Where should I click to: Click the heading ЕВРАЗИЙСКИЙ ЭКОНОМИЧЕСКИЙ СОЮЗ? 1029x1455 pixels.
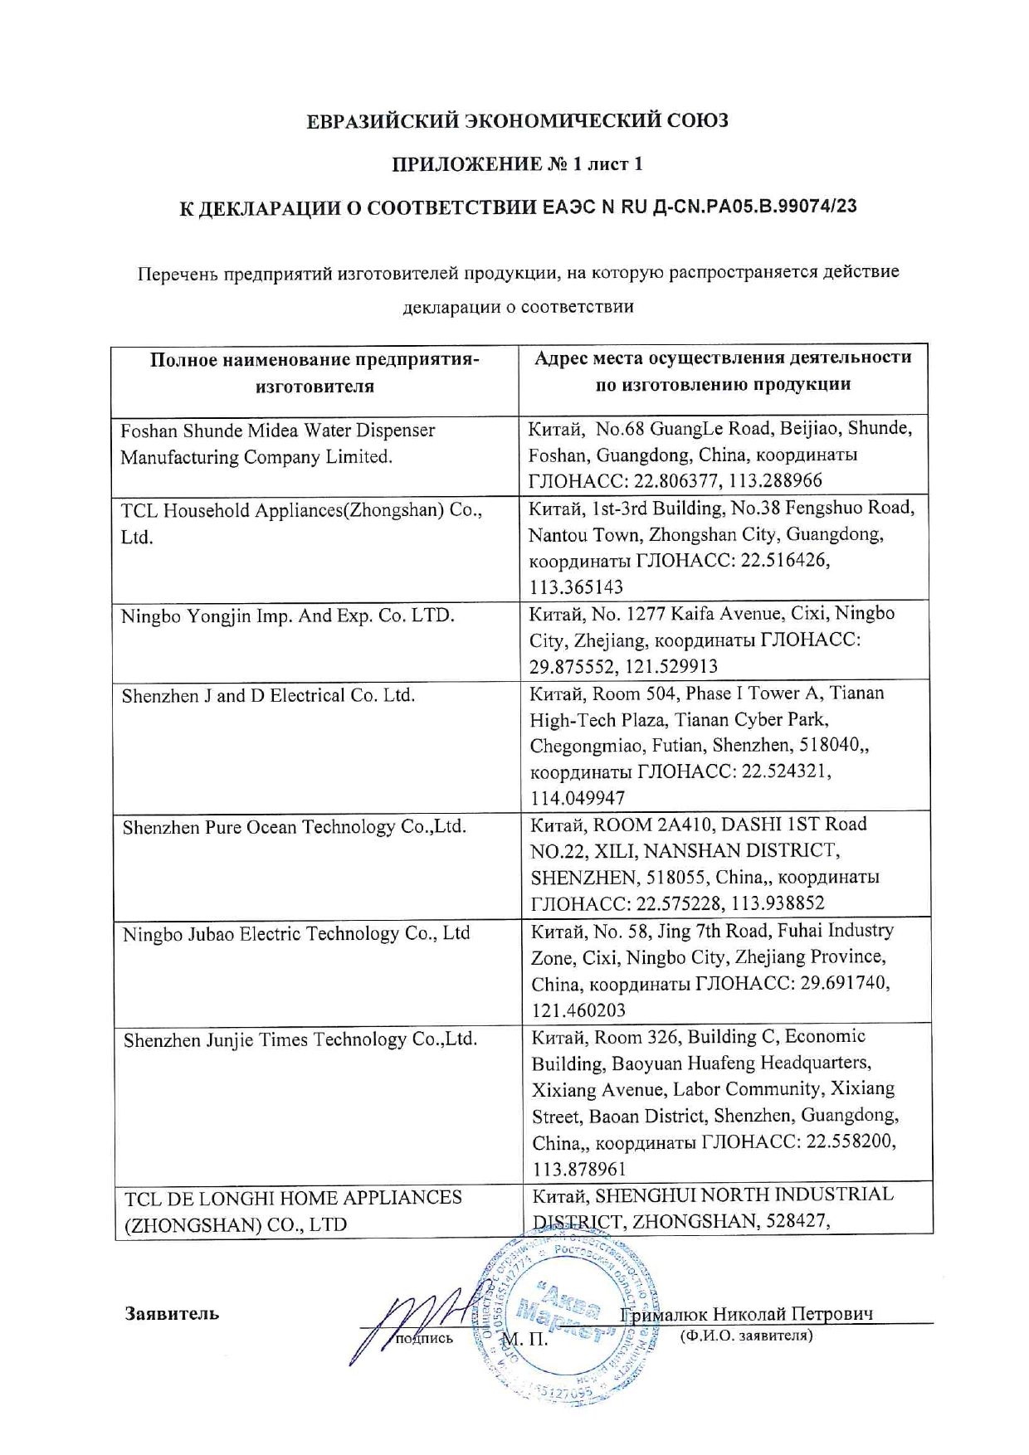coord(517,121)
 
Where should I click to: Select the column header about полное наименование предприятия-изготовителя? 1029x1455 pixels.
coord(315,372)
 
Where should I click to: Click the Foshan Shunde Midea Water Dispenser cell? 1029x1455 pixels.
coord(278,444)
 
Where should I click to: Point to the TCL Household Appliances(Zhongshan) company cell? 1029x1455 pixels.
coord(301,523)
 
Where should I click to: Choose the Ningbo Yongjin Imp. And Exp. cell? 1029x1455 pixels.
coord(288,616)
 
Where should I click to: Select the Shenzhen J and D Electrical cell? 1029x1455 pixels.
coord(268,696)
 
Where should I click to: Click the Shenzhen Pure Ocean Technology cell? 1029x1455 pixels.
coord(295,827)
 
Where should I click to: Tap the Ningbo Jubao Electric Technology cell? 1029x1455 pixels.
coord(296,933)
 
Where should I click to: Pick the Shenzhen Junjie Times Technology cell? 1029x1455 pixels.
coord(300,1039)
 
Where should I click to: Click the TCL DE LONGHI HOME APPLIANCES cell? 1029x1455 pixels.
coord(293,1211)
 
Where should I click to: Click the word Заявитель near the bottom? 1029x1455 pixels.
coord(172,1313)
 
